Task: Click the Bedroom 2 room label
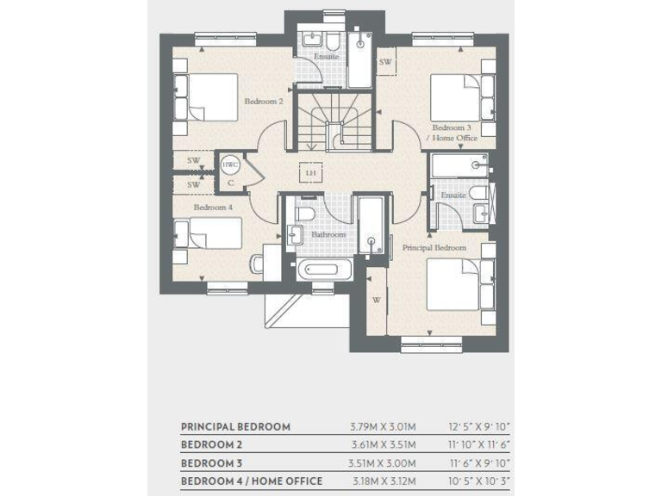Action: point(263,102)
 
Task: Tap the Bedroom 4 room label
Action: point(212,208)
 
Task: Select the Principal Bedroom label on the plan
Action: point(434,248)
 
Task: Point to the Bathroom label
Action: point(328,234)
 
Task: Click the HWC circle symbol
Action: point(230,165)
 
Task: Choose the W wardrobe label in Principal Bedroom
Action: point(377,301)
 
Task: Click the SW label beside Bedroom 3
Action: point(384,63)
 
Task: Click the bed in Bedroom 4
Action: point(210,235)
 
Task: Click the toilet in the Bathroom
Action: point(304,212)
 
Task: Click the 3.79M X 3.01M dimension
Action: point(384,426)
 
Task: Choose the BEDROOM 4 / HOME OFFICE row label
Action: point(251,480)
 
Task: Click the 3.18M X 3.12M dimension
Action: point(384,480)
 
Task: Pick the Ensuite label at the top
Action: point(326,57)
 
